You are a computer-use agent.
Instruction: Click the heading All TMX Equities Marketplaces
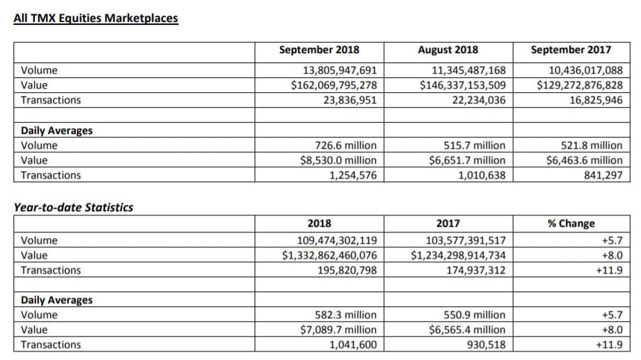coord(96,18)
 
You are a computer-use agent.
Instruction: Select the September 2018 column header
coord(319,50)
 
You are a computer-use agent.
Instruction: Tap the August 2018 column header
coord(448,50)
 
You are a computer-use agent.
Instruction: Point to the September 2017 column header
coord(571,50)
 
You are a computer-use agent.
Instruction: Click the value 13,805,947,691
coord(340,70)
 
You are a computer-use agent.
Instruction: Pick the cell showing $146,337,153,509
coord(463,85)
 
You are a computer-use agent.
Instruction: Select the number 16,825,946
coord(596,100)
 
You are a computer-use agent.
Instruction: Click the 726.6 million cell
coord(346,145)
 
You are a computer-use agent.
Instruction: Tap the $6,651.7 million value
coord(467,160)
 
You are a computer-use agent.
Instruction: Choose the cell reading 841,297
coord(603,175)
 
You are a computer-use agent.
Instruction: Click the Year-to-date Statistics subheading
coord(74,208)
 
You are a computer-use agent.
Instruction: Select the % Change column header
coord(571,223)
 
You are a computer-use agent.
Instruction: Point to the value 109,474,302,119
coord(337,240)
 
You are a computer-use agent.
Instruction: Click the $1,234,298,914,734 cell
coord(458,255)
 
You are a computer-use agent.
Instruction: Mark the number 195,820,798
coord(347,270)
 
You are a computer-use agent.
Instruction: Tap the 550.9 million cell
coord(474,315)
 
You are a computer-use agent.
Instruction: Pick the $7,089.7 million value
coord(338,330)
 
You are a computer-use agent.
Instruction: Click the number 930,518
coord(486,345)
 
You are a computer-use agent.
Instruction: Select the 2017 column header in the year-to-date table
coord(448,223)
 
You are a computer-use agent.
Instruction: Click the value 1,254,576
coord(353,175)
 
